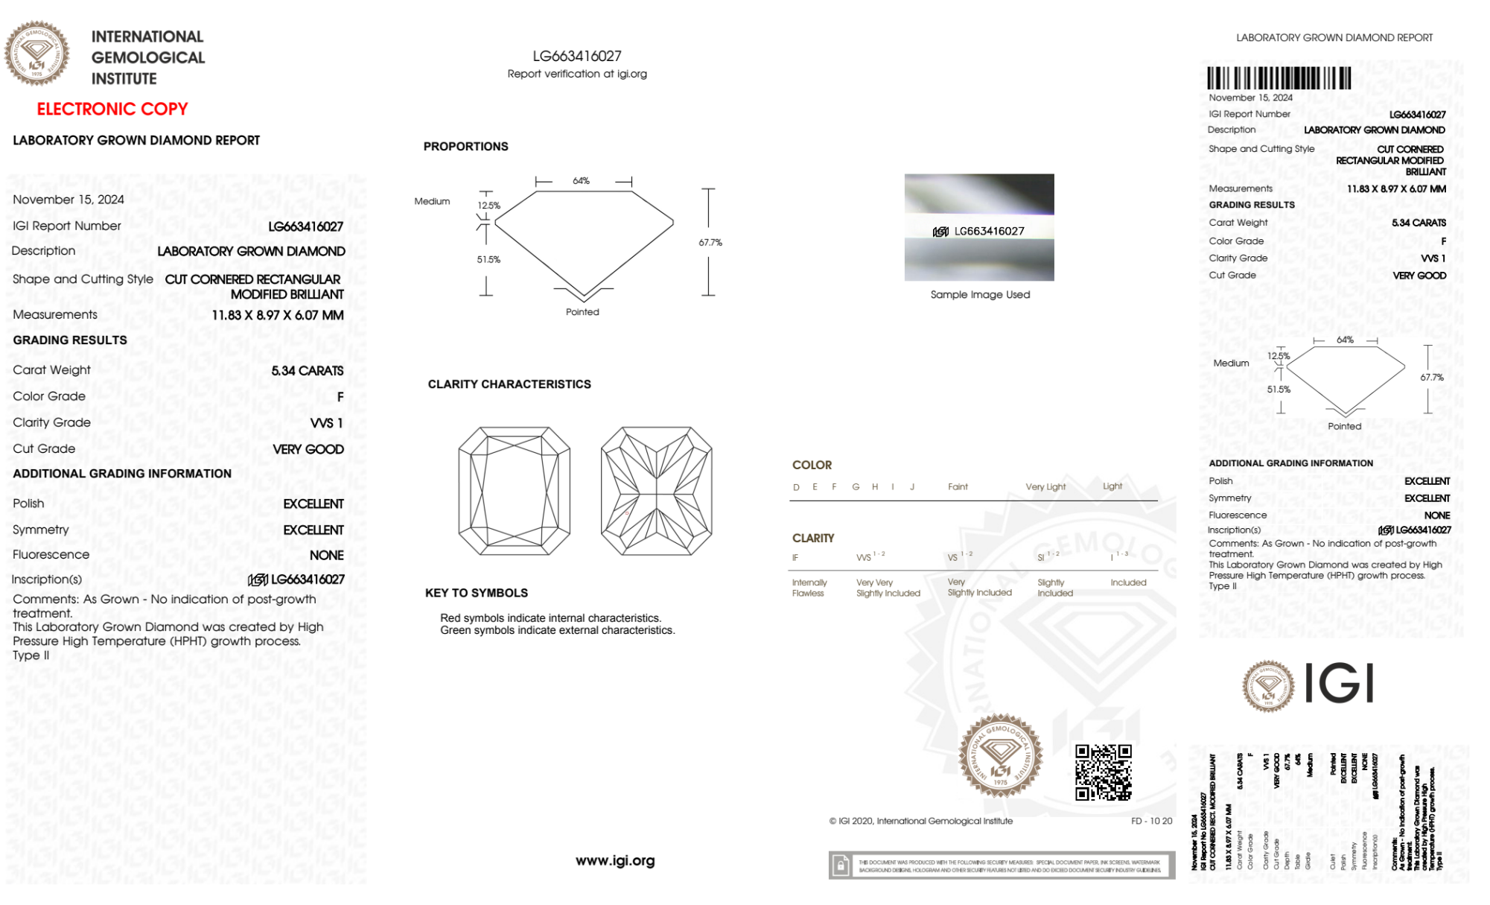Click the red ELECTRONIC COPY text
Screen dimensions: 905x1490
112,109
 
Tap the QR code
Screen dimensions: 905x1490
1103,772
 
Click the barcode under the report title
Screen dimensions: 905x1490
1279,78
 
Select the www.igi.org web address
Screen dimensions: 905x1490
615,860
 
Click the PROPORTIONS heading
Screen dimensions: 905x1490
465,147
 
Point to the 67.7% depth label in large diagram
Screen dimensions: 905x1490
710,243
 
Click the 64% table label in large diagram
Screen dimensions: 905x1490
581,181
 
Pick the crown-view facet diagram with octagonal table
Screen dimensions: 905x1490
514,491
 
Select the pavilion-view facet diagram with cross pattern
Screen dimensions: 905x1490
656,491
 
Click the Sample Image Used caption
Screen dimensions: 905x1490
980,295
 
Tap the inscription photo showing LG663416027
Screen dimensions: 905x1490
979,228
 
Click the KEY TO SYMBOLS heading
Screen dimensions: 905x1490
477,593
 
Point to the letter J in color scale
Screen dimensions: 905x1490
912,487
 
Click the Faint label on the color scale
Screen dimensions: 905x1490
958,487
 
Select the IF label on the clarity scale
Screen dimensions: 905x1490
795,558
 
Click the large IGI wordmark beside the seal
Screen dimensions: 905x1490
1340,684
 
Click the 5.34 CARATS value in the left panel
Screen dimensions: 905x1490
307,371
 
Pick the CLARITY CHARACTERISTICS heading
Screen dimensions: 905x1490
509,384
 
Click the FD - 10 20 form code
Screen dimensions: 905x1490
1151,821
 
